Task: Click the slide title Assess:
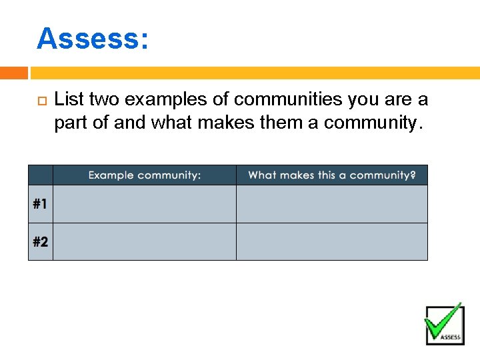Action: tap(92, 39)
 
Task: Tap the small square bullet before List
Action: tap(39, 101)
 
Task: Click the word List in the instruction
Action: tap(69, 100)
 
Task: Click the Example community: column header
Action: tap(144, 175)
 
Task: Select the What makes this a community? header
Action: tap(332, 175)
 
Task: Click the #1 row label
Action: tap(40, 204)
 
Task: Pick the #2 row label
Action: tap(40, 241)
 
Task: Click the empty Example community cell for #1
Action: tap(144, 204)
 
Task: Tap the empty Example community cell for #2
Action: tap(144, 241)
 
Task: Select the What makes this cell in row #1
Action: tap(332, 204)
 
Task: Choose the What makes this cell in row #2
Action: tap(332, 241)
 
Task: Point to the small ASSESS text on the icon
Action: tap(451, 337)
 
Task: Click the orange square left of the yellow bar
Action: tap(14, 73)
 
